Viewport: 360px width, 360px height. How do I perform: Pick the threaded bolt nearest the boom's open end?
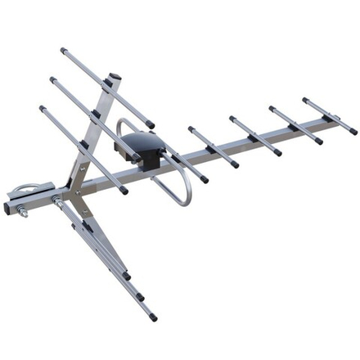tap(22, 214)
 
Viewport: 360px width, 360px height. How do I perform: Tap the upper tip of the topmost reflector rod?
tap(62, 50)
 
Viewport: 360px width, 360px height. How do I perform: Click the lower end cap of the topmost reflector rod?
tap(151, 125)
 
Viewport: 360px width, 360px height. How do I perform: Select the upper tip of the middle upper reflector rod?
tap(52, 79)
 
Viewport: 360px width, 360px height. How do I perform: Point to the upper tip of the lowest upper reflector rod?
tap(41, 107)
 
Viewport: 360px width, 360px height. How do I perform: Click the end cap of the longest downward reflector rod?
tap(153, 317)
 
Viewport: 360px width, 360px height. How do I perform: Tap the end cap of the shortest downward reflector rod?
tap(127, 277)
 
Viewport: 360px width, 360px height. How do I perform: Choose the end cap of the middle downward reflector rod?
tap(140, 297)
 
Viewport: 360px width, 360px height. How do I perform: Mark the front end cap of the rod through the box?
tap(204, 178)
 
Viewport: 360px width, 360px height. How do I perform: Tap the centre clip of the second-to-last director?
tap(292, 127)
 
